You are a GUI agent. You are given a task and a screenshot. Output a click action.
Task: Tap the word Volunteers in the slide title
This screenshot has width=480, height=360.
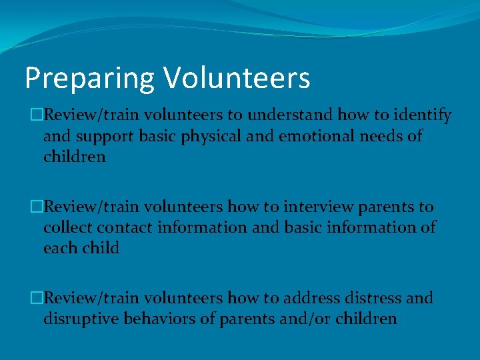[x=237, y=77]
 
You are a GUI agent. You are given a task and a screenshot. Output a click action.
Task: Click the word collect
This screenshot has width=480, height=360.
[x=68, y=227]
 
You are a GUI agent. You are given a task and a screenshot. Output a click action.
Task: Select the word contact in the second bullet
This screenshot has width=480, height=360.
[x=125, y=227]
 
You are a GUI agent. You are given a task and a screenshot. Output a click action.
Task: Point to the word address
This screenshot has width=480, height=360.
[x=313, y=298]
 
